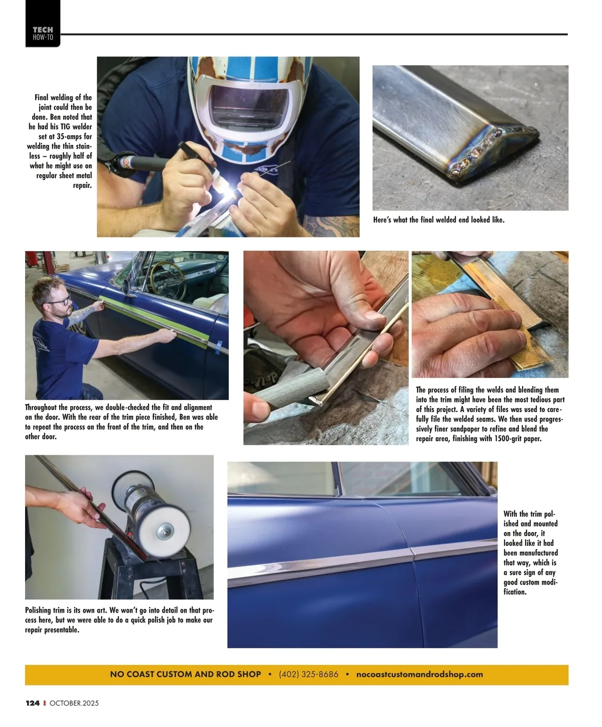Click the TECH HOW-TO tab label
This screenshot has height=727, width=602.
[43, 34]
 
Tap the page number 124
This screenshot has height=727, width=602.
[33, 702]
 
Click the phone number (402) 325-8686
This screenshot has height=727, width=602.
[309, 674]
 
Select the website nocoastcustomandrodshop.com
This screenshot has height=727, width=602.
[419, 674]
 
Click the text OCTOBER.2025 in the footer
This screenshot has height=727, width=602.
[74, 703]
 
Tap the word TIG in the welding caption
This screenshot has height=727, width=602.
[65, 126]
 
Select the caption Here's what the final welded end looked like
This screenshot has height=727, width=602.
[438, 220]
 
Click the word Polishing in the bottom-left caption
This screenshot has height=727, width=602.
[38, 610]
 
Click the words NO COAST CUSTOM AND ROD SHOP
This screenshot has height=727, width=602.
[185, 674]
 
